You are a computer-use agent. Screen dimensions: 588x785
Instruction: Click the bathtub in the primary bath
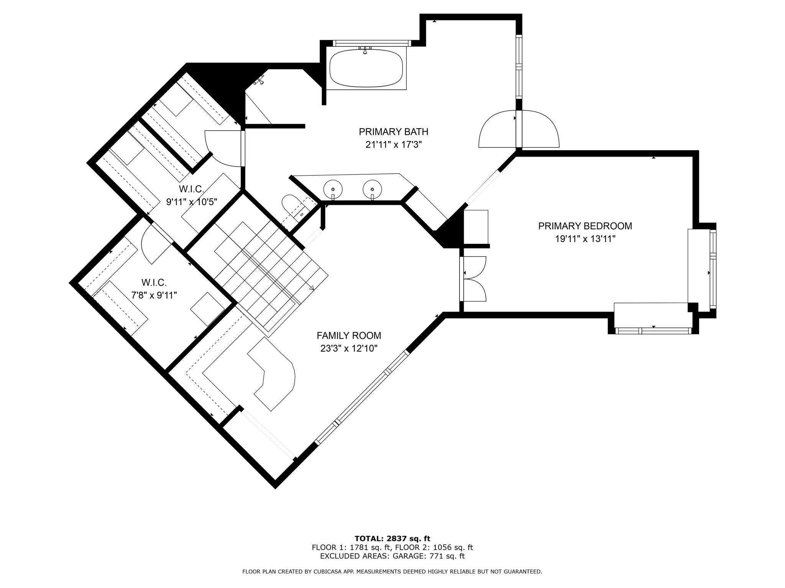point(366,68)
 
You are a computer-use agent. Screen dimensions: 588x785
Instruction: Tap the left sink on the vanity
point(333,188)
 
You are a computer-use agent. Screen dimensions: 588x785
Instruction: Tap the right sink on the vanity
point(372,188)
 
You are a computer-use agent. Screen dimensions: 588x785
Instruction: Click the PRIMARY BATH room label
point(393,132)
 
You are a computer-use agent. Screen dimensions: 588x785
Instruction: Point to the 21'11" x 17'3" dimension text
point(393,145)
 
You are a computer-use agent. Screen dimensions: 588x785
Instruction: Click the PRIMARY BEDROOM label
point(585,226)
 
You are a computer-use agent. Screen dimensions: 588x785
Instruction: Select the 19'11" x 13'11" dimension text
point(585,239)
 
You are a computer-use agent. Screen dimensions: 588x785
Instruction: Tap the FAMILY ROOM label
point(349,336)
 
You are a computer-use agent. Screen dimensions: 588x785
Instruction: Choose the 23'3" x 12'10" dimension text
point(349,349)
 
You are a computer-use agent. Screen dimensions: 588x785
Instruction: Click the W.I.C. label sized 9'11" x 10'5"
point(191,189)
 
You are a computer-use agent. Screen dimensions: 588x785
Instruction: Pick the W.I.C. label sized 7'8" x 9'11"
point(154,283)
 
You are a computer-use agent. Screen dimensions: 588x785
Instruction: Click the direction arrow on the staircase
point(311,288)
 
